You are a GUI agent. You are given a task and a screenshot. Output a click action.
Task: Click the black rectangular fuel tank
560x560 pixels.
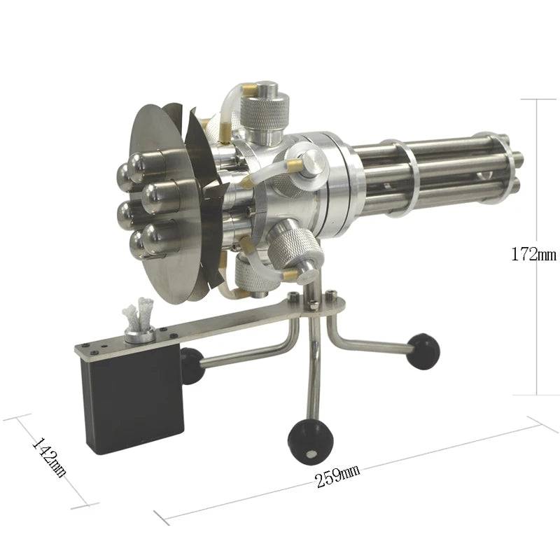133,398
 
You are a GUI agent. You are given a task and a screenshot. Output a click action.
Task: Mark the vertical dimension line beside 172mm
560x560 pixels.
537,175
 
